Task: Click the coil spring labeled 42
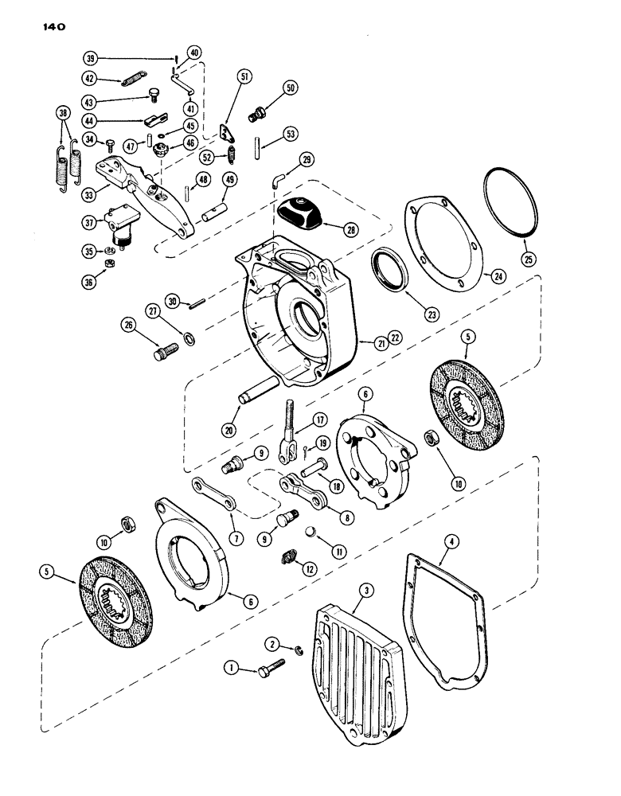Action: pyautogui.click(x=131, y=78)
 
